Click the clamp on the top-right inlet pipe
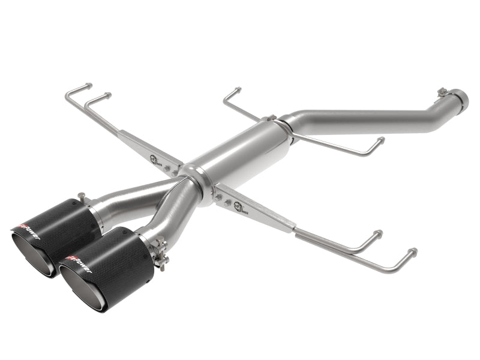tap(444, 92)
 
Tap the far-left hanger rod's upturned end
tap(89, 86)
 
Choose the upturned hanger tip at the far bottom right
tap(412, 251)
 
